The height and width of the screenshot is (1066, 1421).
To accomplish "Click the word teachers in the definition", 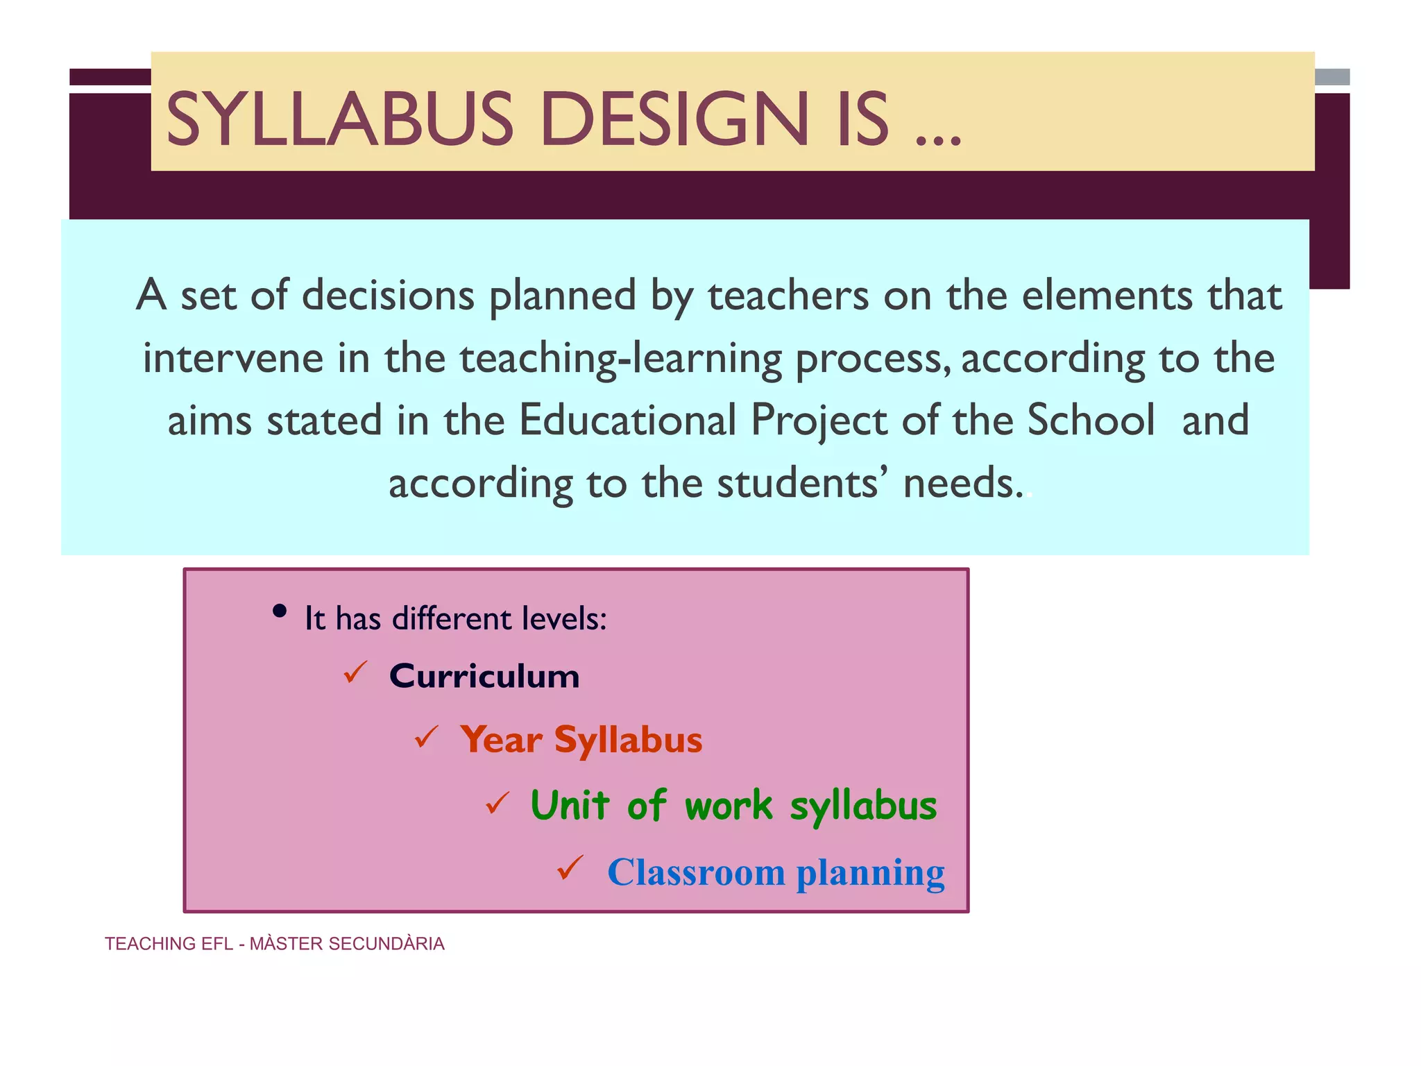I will coord(788,296).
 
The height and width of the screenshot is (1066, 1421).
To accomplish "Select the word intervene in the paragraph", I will coord(233,358).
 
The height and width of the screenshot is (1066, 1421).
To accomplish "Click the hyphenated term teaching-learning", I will coord(620,359).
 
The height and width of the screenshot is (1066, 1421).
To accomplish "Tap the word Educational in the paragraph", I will coord(627,421).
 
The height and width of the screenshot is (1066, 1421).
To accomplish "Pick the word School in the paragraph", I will coord(1091,421).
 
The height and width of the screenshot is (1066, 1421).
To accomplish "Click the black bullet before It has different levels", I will coord(280,611).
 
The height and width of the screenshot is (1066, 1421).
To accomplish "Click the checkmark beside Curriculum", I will coord(355,672).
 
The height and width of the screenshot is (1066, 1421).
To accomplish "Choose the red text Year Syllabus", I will coord(581,740).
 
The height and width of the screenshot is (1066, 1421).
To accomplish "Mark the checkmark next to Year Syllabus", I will coord(426,737).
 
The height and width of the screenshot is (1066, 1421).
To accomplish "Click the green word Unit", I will coord(570,806).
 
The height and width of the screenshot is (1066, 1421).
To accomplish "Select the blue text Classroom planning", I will coord(775,872).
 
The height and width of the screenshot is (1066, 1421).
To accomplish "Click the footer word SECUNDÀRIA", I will coord(386,944).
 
